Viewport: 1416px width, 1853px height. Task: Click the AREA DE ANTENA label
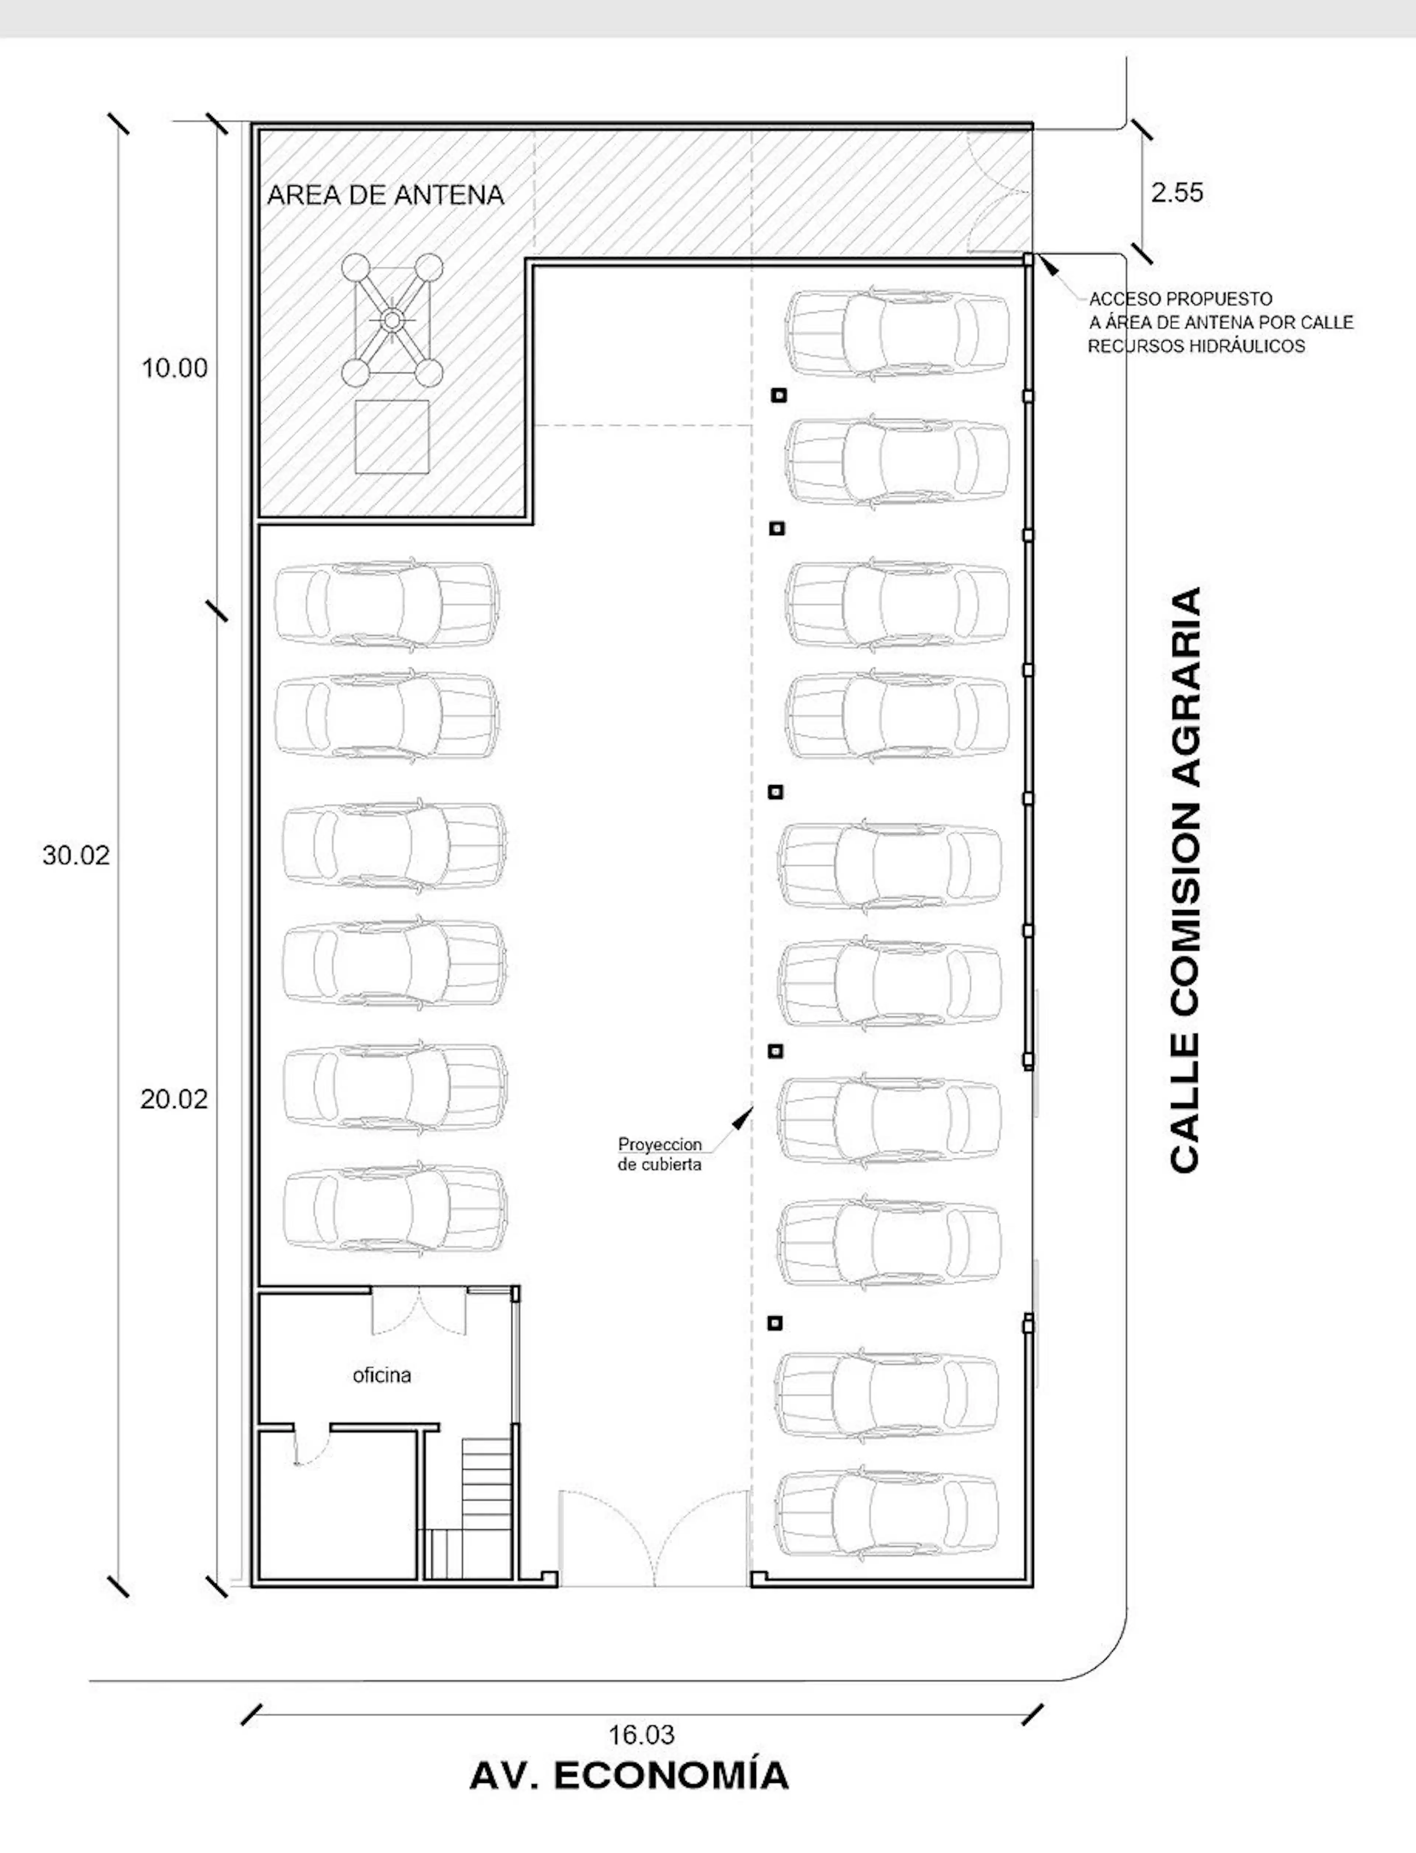pos(385,195)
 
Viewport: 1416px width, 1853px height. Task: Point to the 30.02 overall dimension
pos(76,855)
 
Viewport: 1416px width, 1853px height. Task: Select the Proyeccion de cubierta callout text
pos(660,1155)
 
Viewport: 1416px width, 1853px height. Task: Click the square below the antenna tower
pos(392,437)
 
